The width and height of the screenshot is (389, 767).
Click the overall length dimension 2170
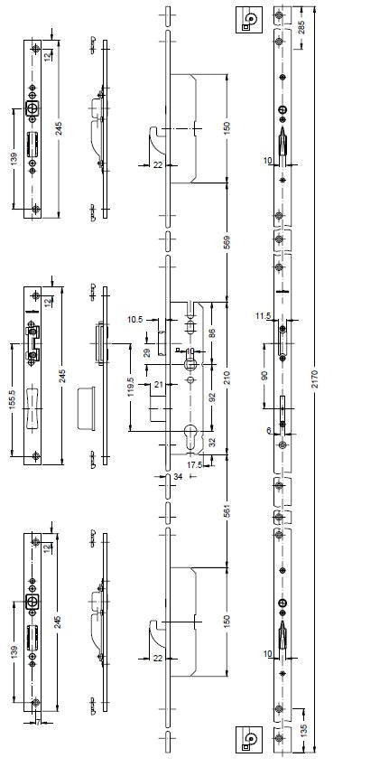click(314, 379)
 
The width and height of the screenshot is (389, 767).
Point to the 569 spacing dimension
click(227, 242)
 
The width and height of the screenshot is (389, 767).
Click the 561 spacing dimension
click(227, 511)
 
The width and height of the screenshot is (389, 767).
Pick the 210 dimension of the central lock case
click(227, 377)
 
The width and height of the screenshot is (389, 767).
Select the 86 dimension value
click(211, 333)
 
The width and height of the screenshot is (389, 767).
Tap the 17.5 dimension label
click(194, 464)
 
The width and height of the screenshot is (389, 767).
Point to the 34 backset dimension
click(178, 476)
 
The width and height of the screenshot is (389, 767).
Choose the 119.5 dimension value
click(130, 387)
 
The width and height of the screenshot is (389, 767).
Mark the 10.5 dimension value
click(134, 320)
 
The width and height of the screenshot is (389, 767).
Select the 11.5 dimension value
click(263, 316)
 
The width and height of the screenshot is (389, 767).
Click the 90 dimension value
click(264, 376)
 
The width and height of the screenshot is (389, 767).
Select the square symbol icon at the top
click(249, 20)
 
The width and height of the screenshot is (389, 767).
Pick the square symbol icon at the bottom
click(249, 739)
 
